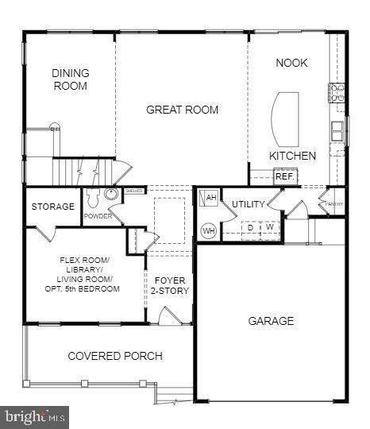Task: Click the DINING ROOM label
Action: pyautogui.click(x=71, y=79)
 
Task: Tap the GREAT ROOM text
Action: pyautogui.click(x=182, y=110)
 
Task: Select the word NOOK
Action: pyautogui.click(x=291, y=63)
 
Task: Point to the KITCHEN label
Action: pyautogui.click(x=292, y=156)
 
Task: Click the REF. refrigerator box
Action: pyautogui.click(x=284, y=176)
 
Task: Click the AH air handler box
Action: pyautogui.click(x=211, y=198)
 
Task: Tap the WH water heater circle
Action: pyautogui.click(x=209, y=230)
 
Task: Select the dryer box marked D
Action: pyautogui.click(x=251, y=228)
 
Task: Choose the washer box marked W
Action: pyautogui.click(x=270, y=228)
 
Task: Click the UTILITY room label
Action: pyautogui.click(x=248, y=204)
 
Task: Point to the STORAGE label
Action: pyautogui.click(x=53, y=207)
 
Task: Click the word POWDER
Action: pyautogui.click(x=98, y=216)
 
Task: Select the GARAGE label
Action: pyautogui.click(x=271, y=321)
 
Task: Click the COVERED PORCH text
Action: pyautogui.click(x=115, y=356)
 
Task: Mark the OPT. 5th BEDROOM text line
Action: pyautogui.click(x=83, y=288)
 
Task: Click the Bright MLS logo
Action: pyautogui.click(x=35, y=416)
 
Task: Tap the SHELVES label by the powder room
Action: pyautogui.click(x=134, y=191)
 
